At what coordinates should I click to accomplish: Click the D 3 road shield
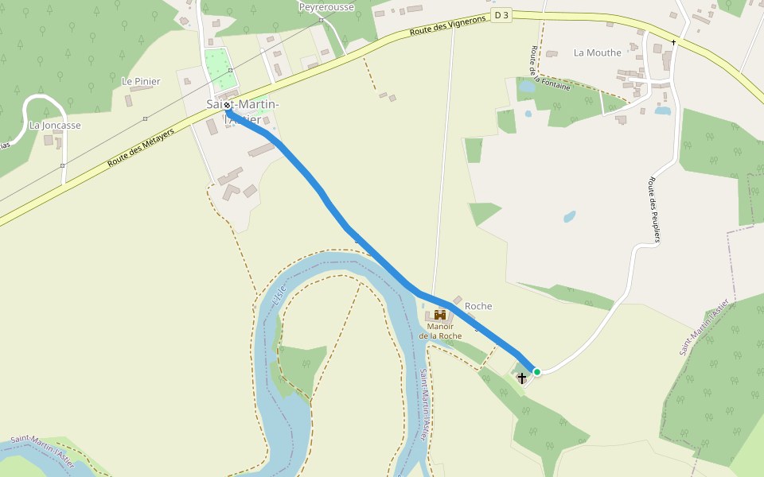pos(501,15)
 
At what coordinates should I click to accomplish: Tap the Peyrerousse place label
pos(325,7)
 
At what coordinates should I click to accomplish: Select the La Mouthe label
pos(597,53)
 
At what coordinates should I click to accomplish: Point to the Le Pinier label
pos(141,81)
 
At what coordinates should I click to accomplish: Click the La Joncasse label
pos(55,126)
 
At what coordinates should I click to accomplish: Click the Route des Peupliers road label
pos(656,209)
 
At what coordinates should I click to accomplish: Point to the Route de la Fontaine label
pos(548,69)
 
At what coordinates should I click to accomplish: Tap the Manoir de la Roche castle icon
pos(440,315)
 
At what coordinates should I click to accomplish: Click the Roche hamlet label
pos(478,306)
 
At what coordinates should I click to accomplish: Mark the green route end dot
pos(537,371)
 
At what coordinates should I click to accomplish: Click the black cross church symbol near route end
pos(522,378)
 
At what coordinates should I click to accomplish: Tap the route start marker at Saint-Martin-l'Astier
pos(228,105)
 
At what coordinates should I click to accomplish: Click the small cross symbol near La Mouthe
pos(673,41)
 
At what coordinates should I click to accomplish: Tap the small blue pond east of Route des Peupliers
pos(663,111)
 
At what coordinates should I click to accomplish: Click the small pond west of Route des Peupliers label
pos(569,215)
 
